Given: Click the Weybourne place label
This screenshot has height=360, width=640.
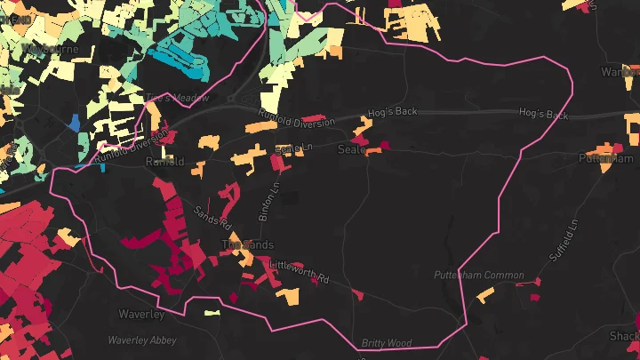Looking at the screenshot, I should point(52,47).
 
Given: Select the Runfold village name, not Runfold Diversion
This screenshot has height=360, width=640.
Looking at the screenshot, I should point(165,162).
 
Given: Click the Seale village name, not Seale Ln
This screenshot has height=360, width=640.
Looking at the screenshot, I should point(352,149).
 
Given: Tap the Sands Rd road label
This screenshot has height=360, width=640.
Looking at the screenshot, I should point(212,219).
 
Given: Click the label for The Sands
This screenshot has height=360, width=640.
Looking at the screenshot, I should point(247,244).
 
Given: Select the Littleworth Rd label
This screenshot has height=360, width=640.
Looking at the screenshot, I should point(299,272).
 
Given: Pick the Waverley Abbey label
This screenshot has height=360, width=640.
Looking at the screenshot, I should point(142,340).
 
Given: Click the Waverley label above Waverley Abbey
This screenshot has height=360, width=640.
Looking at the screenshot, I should point(141,314).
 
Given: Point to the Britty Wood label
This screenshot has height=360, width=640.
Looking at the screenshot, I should point(387,342).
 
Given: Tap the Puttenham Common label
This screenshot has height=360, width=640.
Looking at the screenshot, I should point(479,276).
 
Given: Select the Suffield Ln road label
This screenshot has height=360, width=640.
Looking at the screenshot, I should point(564,239).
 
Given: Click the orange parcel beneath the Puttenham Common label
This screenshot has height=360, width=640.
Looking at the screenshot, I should point(485,294).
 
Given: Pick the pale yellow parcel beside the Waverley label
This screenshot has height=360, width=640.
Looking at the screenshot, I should point(212,312).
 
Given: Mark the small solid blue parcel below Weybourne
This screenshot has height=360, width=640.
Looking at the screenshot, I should point(74,121).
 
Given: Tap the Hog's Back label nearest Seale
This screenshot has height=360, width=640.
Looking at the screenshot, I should point(391,114).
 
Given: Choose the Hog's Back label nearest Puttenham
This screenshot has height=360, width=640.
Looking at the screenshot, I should point(543,115).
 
